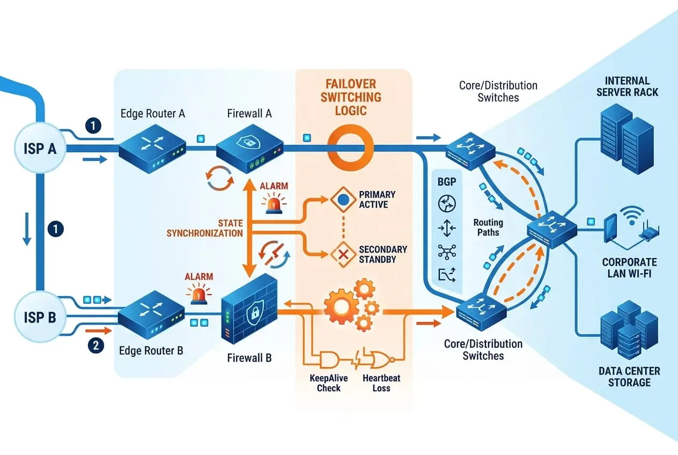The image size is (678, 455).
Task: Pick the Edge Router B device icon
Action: click(x=152, y=317)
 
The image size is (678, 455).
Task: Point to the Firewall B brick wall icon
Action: click(x=250, y=309)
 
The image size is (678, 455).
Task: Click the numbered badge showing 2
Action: click(x=95, y=346)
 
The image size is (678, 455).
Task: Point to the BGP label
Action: click(x=446, y=182)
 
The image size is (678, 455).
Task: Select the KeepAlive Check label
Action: click(x=329, y=383)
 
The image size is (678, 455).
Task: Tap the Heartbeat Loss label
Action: click(x=381, y=383)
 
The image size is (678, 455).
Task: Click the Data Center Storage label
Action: click(x=629, y=377)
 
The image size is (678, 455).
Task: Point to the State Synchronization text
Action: click(x=205, y=228)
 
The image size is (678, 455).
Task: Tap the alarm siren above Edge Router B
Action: click(x=198, y=295)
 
